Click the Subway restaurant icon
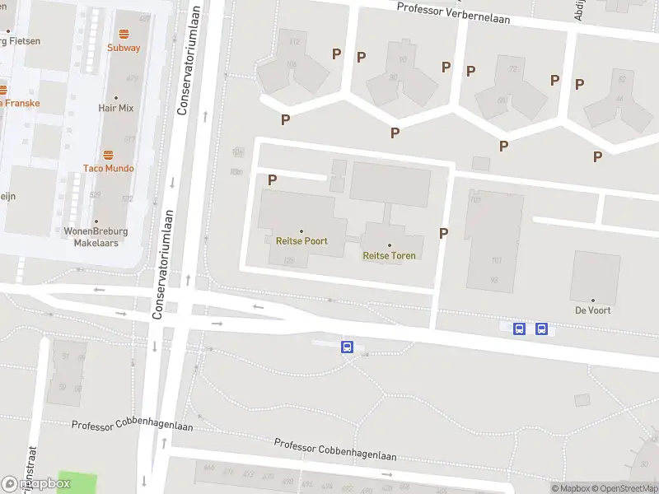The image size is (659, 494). (124, 34)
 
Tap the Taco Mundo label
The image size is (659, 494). (108, 168)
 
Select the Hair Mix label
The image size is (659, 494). (115, 108)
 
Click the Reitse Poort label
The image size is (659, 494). (301, 241)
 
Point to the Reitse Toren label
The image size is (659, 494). (389, 255)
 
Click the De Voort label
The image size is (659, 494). (591, 310)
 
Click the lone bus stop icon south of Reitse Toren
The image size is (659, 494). (348, 347)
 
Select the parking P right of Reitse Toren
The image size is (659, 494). (443, 233)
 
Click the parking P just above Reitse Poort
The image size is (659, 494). (272, 179)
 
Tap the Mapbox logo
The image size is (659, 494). (36, 483)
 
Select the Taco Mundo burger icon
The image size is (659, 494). (108, 155)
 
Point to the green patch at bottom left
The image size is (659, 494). (76, 482)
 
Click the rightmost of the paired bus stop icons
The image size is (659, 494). (541, 329)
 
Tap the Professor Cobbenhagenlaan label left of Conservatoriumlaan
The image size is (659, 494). (120, 425)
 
